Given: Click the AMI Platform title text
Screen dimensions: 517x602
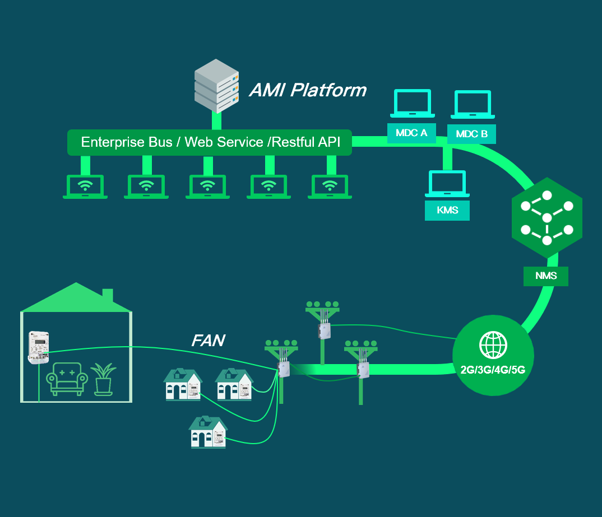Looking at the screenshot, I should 308,90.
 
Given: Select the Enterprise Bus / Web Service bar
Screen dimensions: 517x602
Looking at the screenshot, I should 210,142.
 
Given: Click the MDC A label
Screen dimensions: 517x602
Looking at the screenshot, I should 411,133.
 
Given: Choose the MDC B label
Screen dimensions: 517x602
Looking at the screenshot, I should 471,134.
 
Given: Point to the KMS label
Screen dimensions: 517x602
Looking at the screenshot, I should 447,211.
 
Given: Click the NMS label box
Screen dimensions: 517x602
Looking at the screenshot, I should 545,276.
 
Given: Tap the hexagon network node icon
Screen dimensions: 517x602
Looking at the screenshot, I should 547,218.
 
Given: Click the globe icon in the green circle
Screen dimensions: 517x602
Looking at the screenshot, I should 493,344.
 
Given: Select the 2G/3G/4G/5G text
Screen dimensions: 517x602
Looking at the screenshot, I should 493,370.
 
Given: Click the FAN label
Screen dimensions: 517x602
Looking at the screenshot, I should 208,340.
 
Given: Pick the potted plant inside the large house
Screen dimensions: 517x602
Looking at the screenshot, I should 103,378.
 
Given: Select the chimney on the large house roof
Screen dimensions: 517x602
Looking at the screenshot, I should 108,295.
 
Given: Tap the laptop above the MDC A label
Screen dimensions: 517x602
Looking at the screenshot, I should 412,104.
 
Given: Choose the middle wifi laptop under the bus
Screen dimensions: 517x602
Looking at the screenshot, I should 207,187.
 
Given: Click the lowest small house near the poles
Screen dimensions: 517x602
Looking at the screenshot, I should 209,432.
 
